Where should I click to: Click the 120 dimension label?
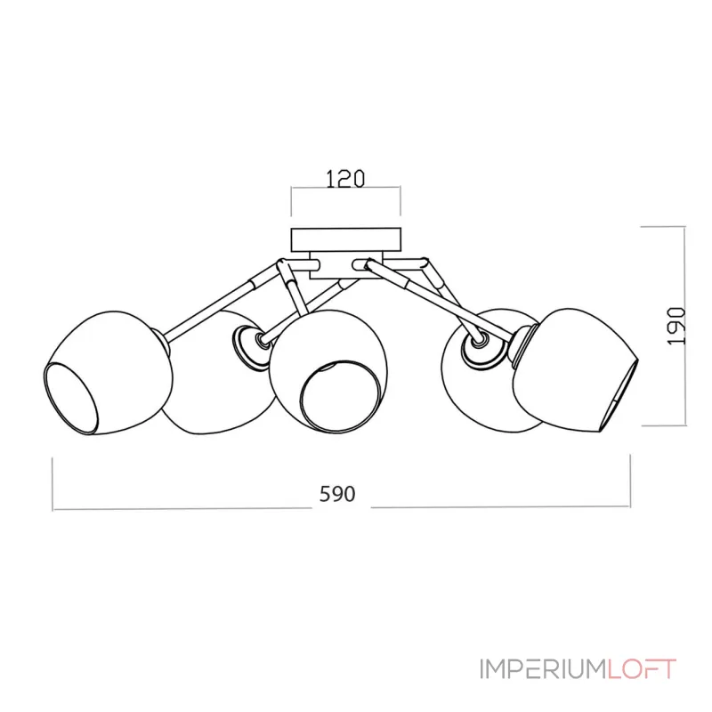(x=345, y=178)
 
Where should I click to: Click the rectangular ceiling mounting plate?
(x=345, y=240)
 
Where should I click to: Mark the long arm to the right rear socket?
(x=418, y=289)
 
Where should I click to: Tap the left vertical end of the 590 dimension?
(x=54, y=485)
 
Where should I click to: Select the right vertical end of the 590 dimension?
(x=630, y=485)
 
